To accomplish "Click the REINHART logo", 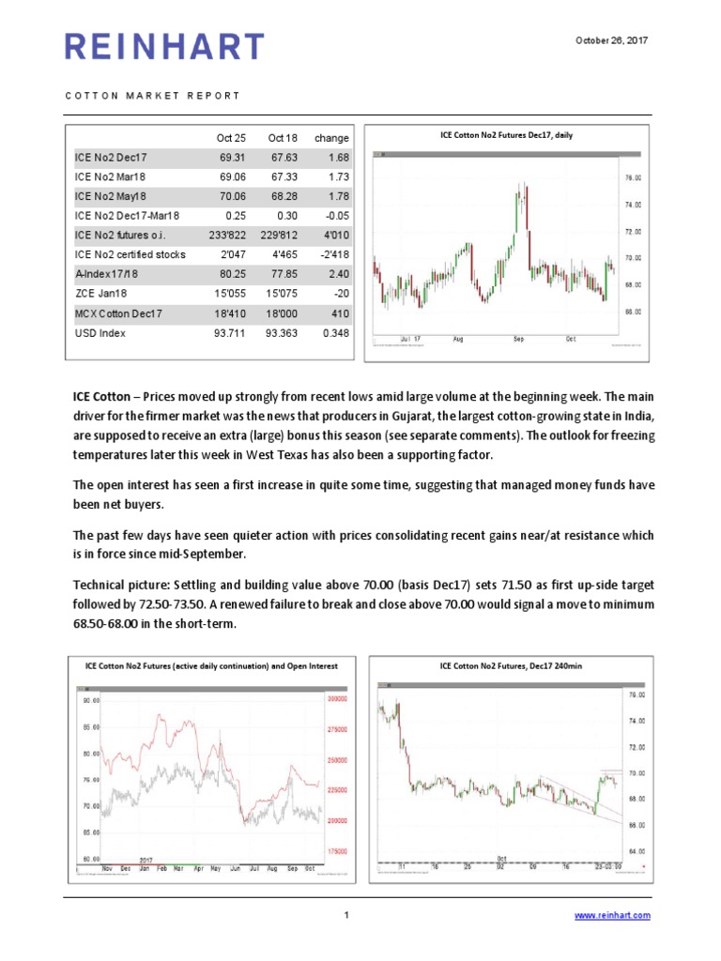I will coord(164,46).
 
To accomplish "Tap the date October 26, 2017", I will coord(611,40).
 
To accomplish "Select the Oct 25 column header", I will coord(230,138).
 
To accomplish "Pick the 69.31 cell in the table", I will coord(230,158).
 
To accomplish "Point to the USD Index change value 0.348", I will coord(331,333).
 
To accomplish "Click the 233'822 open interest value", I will coord(226,236).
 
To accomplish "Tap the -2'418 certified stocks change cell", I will coord(330,255).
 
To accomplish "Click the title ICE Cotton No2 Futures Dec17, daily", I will coord(507,135).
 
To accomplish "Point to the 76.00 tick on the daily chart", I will coord(633,177).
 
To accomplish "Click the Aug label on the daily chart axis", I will coord(458,338).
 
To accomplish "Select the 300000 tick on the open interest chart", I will coord(337,699).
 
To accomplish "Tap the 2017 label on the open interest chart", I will coord(146,860).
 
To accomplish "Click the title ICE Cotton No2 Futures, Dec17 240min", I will coord(507,666).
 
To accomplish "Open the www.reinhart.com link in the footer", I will coord(611,916).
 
